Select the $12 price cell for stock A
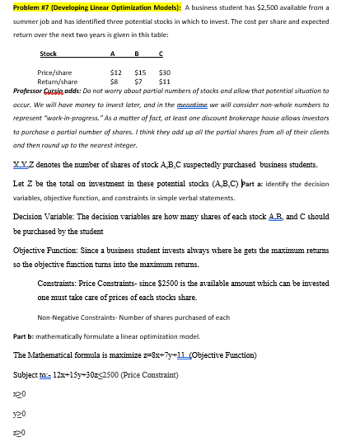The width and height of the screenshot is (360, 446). pos(116,73)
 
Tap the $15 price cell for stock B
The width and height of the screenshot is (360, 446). pos(139,73)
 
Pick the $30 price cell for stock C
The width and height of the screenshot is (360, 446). pos(164,73)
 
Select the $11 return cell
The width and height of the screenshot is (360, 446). pos(164,82)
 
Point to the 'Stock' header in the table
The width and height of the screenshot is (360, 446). pos(49,54)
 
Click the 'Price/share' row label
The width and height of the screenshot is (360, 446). pos(55,73)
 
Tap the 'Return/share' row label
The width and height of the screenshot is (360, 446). pos(58,82)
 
